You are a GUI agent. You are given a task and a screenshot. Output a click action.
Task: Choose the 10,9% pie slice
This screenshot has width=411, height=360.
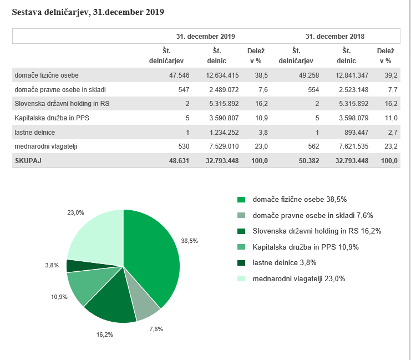pos(89,283)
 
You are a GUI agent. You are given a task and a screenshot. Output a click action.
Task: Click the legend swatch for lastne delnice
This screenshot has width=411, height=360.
pos(241,263)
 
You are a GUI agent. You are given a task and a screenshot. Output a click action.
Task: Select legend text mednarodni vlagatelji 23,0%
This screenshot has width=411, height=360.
pos(299,278)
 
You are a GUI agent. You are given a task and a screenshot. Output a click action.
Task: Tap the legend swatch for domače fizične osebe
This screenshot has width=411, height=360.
pos(241,200)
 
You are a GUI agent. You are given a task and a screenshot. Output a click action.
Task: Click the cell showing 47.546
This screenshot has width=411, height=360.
pos(179,75)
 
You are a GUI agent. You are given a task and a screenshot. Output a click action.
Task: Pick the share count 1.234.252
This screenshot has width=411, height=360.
pos(224,133)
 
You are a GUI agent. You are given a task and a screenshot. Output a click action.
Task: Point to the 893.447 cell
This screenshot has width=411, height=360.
pos(356,133)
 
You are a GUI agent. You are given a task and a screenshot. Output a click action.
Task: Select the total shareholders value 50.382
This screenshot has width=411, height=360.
pos(309,161)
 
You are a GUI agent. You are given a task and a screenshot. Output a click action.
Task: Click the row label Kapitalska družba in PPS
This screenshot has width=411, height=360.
pos(52,118)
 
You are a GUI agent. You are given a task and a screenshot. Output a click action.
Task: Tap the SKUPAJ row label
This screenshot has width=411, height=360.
pos(28,161)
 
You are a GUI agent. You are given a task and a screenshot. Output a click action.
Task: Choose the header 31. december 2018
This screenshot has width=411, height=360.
pos(334,37)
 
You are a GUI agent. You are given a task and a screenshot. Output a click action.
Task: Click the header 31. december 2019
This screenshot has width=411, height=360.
pos(205,37)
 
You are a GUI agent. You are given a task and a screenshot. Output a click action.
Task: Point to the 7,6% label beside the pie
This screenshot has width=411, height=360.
pos(156,329)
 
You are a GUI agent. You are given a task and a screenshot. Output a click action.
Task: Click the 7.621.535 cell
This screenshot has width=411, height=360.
pos(354,146)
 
